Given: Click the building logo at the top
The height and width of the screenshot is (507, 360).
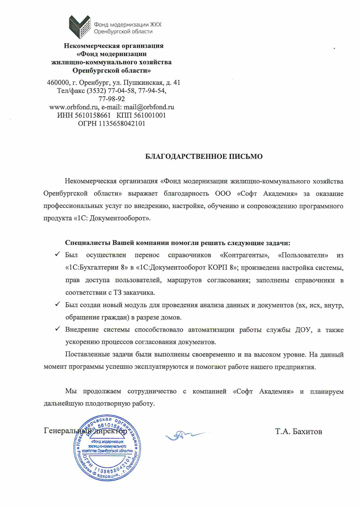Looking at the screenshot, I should pos(80,27).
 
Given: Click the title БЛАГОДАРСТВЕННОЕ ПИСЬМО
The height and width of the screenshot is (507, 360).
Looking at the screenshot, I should pos(203,156).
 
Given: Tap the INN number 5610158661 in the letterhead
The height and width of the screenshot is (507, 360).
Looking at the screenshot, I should pos(93,116).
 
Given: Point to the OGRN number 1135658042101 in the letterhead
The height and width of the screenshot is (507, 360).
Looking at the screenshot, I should pos(122,124).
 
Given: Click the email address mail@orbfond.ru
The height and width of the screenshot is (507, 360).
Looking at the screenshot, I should pos(149,107).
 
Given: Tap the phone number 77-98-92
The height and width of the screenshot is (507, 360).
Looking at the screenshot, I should pos(112,99).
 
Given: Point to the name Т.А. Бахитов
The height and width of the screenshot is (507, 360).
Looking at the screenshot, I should pos(298,432).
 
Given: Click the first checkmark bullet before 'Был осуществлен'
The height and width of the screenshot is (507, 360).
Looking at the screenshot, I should pos(57,254).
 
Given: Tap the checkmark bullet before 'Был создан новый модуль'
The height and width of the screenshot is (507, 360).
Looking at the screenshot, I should pos(57,304).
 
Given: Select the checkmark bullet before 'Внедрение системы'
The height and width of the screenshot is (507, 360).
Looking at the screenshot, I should pos(57,329).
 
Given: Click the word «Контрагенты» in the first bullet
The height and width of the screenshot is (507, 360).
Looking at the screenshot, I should pos(244,255).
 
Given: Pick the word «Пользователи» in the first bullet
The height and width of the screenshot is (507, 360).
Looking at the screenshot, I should pos(303,255).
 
